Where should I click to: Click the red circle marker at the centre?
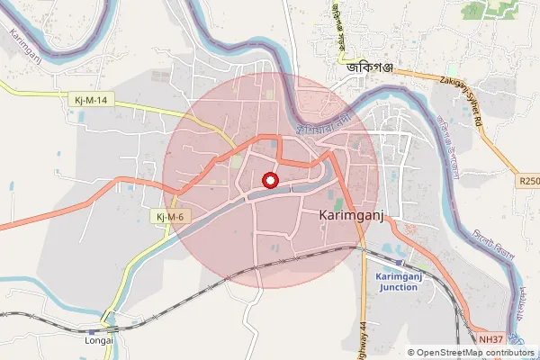point(269,181)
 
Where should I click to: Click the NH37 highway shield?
point(489,339)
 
